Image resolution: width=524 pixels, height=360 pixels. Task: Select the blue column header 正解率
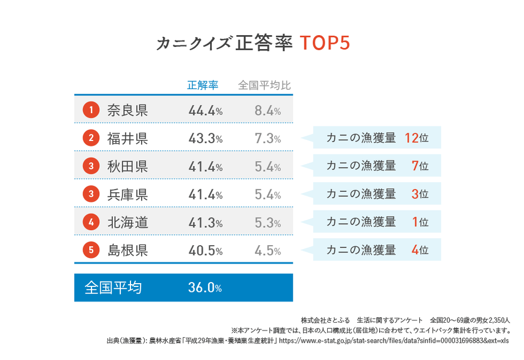[202, 85]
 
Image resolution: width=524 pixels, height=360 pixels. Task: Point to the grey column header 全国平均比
[264, 85]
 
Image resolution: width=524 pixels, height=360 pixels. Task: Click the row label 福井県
[128, 138]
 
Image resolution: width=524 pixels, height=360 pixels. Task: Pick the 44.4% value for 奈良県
[205, 110]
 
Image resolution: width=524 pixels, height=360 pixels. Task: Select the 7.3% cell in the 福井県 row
[268, 138]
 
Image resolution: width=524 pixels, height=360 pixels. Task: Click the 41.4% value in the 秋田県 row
[205, 166]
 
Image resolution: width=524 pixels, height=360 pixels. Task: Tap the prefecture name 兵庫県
[128, 194]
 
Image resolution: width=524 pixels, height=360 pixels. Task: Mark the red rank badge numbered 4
[91, 222]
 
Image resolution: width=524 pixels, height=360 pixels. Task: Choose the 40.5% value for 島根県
[205, 250]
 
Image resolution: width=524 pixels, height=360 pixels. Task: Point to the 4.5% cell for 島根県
[268, 250]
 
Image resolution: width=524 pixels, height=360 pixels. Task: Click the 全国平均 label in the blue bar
[113, 288]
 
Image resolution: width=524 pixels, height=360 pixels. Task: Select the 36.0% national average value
[205, 288]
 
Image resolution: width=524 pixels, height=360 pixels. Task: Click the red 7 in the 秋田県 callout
[415, 166]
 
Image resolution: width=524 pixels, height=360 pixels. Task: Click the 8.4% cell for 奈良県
[268, 110]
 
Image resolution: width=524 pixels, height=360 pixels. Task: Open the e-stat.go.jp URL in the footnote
[394, 340]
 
